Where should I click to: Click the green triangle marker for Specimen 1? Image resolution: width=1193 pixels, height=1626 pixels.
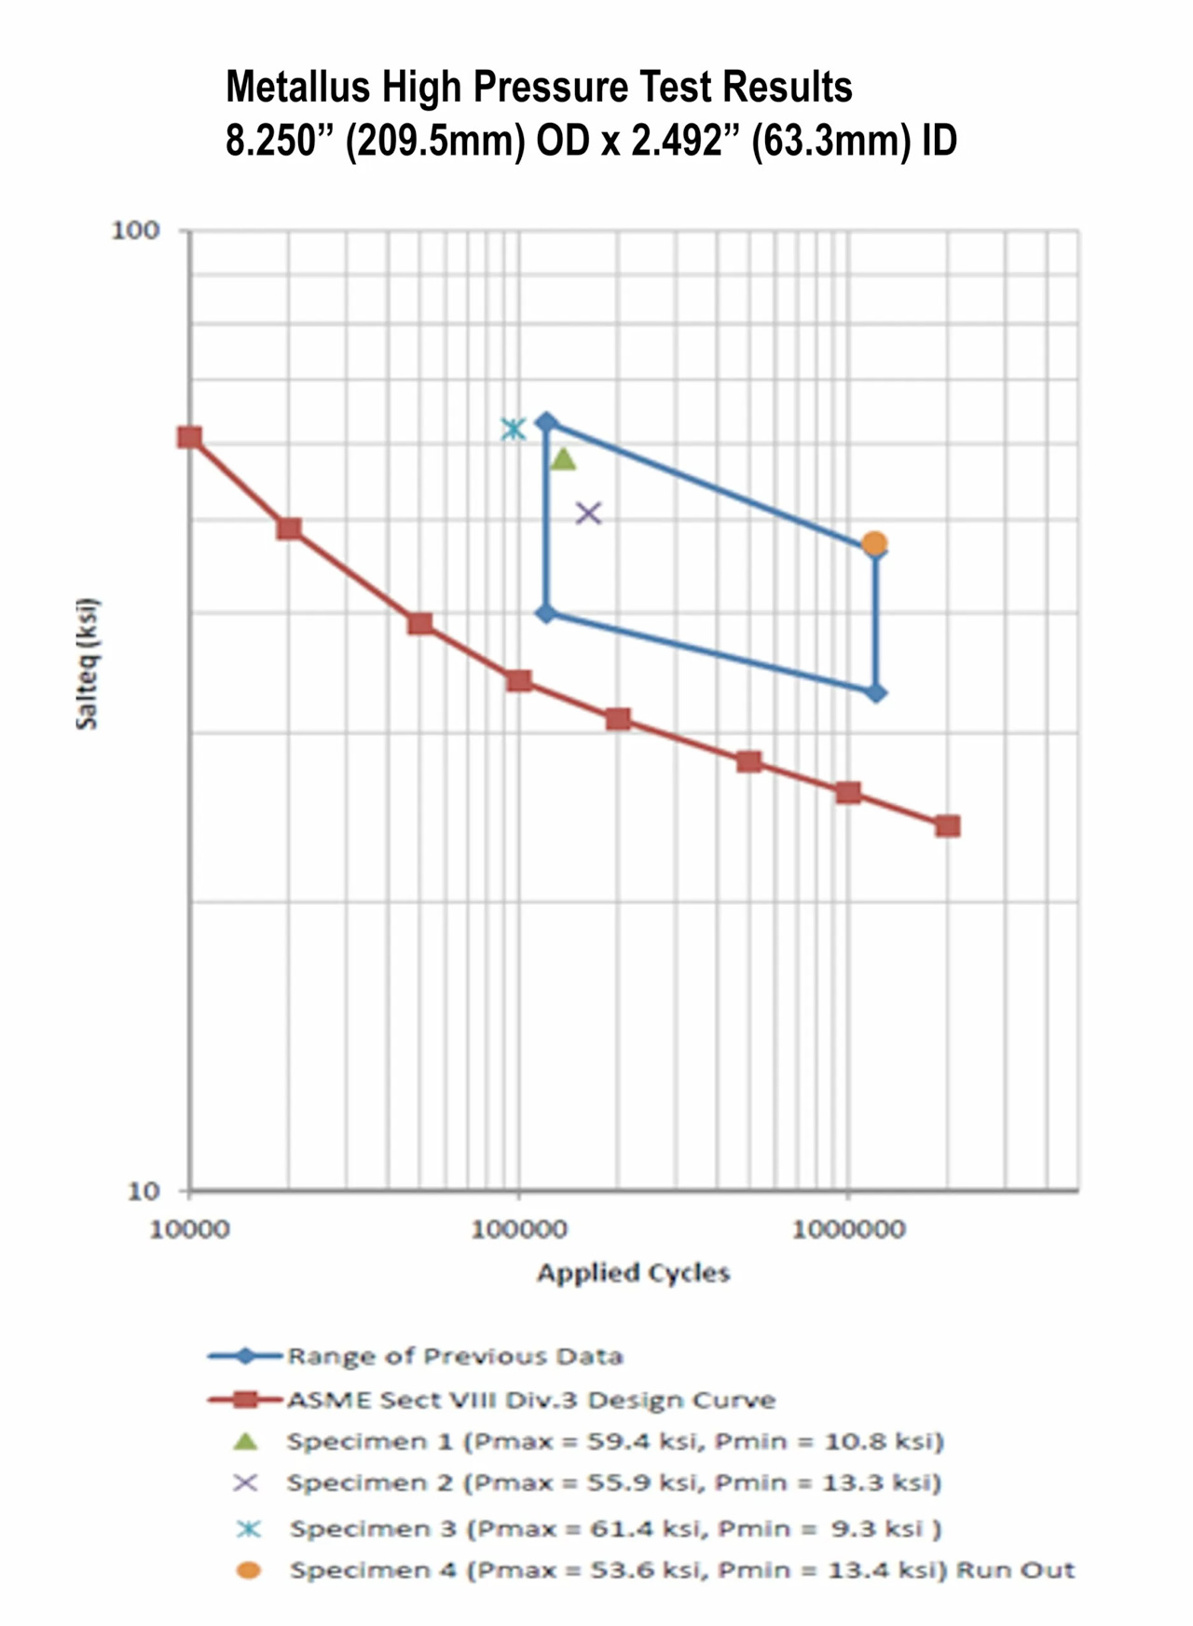(x=563, y=458)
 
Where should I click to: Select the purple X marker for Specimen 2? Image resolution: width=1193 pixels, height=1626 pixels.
(x=588, y=512)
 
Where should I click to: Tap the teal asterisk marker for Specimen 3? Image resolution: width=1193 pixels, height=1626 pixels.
(x=513, y=429)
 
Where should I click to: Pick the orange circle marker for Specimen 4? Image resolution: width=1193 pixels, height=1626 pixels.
(x=873, y=543)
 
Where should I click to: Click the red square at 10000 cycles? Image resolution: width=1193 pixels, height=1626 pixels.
(x=190, y=438)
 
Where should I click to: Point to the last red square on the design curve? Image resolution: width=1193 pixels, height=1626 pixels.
(x=947, y=826)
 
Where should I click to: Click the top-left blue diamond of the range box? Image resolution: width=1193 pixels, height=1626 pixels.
(x=546, y=423)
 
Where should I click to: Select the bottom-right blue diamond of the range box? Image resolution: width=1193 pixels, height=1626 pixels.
(x=875, y=693)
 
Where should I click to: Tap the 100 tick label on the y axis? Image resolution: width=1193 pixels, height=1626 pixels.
(x=135, y=230)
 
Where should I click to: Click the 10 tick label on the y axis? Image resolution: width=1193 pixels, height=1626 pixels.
(x=143, y=1190)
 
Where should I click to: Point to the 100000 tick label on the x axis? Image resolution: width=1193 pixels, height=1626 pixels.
(x=518, y=1229)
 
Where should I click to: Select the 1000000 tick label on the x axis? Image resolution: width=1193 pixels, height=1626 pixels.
(x=847, y=1229)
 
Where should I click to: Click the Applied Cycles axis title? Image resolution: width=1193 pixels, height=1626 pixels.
(x=633, y=1273)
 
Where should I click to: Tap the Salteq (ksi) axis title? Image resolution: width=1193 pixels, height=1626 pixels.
(x=87, y=663)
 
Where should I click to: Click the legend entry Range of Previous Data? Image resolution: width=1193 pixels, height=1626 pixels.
(x=454, y=1356)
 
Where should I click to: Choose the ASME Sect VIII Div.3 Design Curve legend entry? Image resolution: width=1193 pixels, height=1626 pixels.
(x=530, y=1400)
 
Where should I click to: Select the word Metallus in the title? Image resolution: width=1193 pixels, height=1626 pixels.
(x=297, y=88)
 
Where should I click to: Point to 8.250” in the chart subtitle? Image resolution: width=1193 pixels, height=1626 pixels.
(x=280, y=142)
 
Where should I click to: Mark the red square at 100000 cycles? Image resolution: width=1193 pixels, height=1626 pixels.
(x=519, y=681)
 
